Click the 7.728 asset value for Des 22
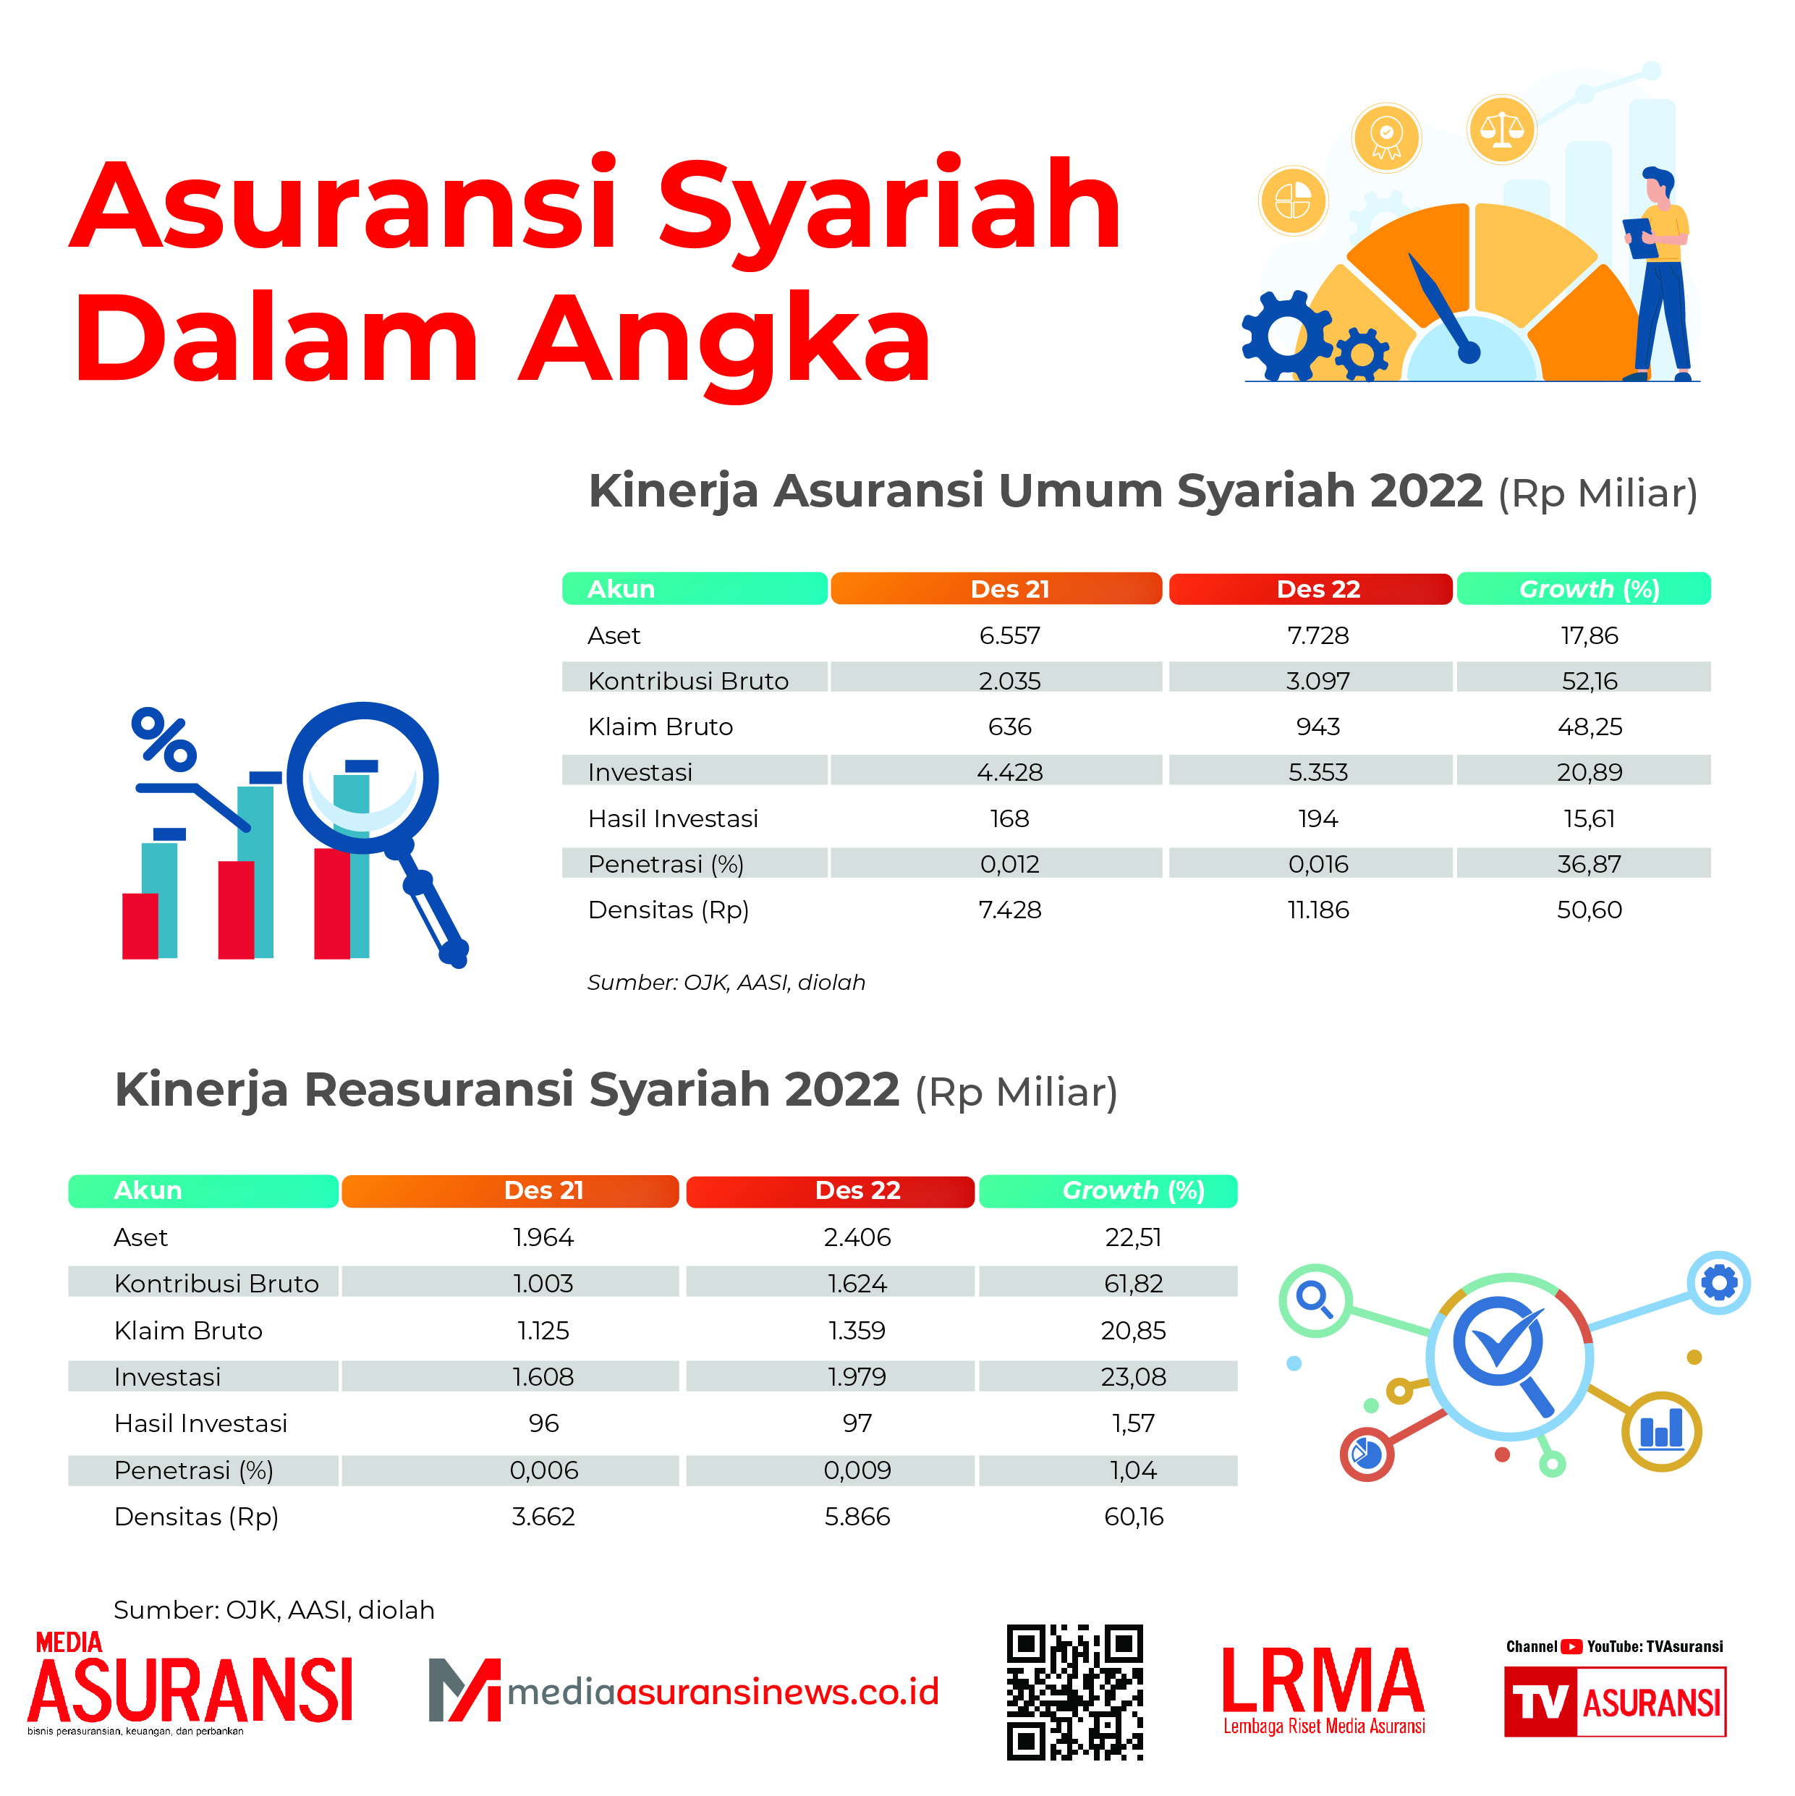point(1317,636)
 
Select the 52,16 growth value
point(1590,682)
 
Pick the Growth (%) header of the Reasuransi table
point(1133,1191)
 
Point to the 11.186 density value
point(1317,910)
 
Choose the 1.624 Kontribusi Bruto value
point(857,1284)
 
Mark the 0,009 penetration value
point(857,1470)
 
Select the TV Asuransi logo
point(1615,1701)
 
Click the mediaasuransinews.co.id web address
point(723,1692)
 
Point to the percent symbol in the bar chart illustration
point(164,740)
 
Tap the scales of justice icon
point(1501,130)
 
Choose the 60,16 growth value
point(1133,1517)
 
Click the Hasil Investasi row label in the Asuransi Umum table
point(673,819)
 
